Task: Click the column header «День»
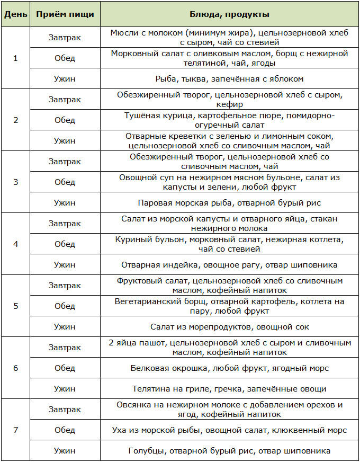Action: [x=15, y=14]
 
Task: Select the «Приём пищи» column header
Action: [x=65, y=14]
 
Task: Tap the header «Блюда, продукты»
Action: [x=229, y=14]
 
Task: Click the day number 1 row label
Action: [x=15, y=58]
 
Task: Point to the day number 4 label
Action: [x=15, y=244]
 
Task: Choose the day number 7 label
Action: [x=15, y=430]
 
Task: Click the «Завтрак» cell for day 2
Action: [x=65, y=100]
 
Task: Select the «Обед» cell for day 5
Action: [x=65, y=306]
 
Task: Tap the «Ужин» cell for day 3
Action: [x=65, y=202]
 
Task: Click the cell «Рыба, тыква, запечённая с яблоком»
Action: [x=229, y=79]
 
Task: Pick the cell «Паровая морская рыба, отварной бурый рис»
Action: [x=229, y=203]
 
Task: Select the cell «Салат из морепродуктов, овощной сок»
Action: [x=229, y=327]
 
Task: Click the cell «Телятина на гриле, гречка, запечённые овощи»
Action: [x=229, y=389]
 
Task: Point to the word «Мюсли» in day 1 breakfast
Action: [x=123, y=33]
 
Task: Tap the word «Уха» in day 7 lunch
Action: [x=120, y=430]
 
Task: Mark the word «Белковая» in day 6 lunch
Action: [x=148, y=368]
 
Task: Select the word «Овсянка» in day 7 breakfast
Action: [x=132, y=405]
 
